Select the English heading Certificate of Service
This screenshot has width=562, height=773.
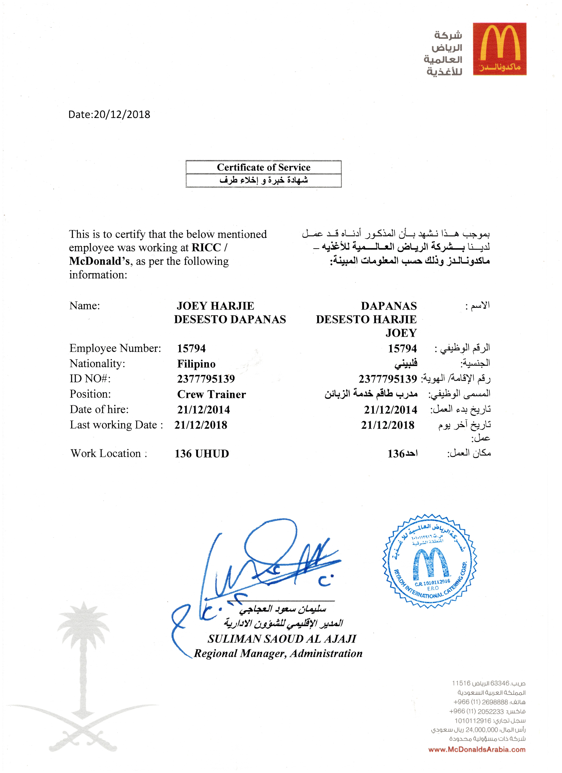click(x=263, y=167)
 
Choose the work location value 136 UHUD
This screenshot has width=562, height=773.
click(x=202, y=454)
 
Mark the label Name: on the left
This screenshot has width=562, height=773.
click(x=85, y=306)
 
